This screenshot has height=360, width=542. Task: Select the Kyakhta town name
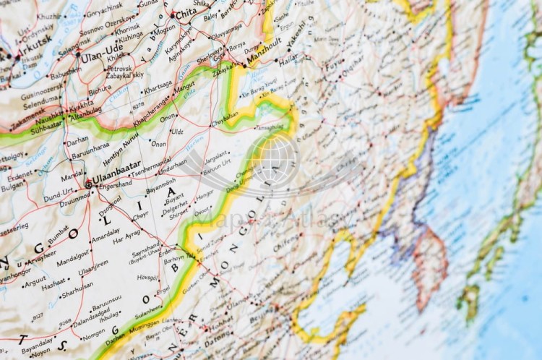click(x=81, y=104)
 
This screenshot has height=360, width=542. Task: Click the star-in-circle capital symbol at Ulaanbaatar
click(x=88, y=184)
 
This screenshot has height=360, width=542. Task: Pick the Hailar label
click(x=288, y=64)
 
